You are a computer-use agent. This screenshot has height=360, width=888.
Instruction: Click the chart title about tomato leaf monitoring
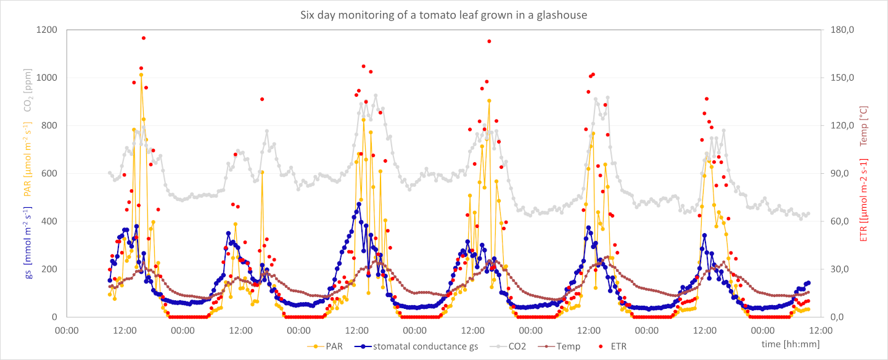point(443,14)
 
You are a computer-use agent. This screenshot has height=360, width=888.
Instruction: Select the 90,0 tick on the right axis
point(842,173)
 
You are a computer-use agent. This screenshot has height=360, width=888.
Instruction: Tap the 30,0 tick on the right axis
point(842,269)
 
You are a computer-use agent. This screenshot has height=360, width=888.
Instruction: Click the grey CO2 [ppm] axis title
point(29,90)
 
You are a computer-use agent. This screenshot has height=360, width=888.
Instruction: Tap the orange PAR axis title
point(29,159)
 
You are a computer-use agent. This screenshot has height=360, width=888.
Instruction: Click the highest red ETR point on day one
point(144,38)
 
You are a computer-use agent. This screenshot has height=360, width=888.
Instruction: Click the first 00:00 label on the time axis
point(67,330)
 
